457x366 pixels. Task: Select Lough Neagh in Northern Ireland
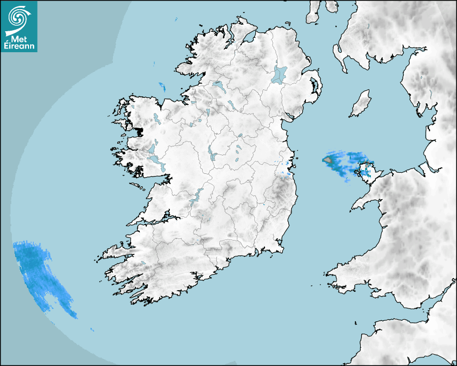280,74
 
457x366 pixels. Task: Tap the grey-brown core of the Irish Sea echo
328,160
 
